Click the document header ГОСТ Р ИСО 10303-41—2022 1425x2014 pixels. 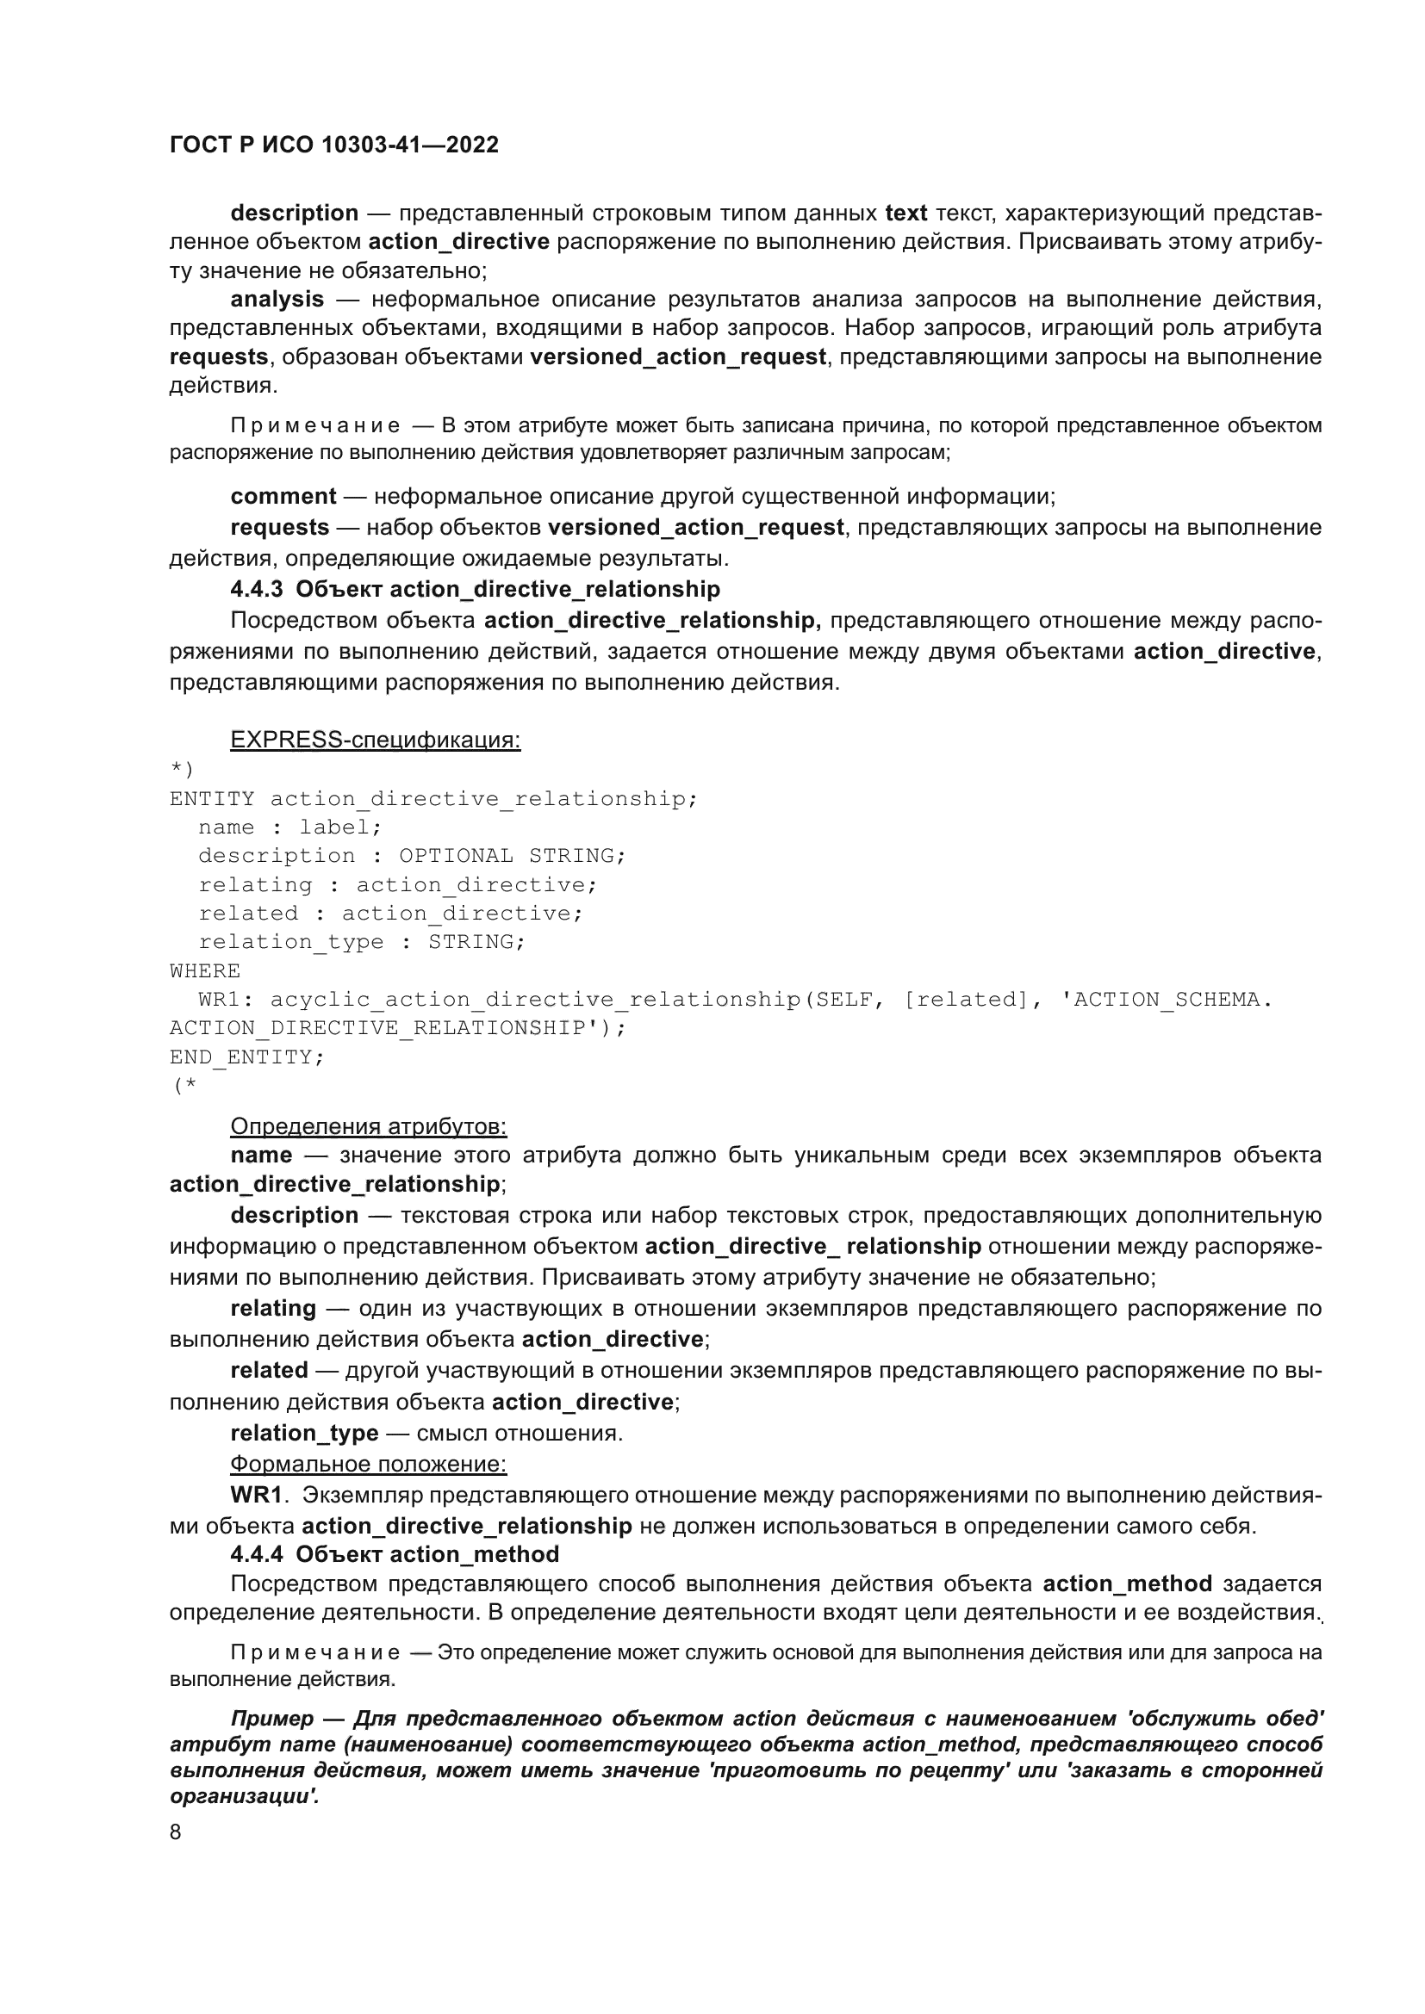333,145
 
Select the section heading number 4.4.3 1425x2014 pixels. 256,589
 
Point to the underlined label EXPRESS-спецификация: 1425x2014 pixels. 375,740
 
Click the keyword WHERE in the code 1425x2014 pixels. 204,970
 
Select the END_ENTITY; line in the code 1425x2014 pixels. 246,1057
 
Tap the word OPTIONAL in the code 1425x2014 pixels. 456,855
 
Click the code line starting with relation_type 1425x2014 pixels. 362,941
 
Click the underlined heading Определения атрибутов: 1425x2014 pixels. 369,1126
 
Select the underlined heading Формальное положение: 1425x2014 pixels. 369,1464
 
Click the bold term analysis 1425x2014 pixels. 277,299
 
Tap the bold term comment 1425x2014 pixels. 283,497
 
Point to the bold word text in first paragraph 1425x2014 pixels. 905,214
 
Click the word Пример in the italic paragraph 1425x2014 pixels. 271,1719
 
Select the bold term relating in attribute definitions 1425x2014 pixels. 273,1308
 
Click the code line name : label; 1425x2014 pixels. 289,827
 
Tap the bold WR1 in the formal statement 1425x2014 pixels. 255,1495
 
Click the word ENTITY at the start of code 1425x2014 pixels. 211,798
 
